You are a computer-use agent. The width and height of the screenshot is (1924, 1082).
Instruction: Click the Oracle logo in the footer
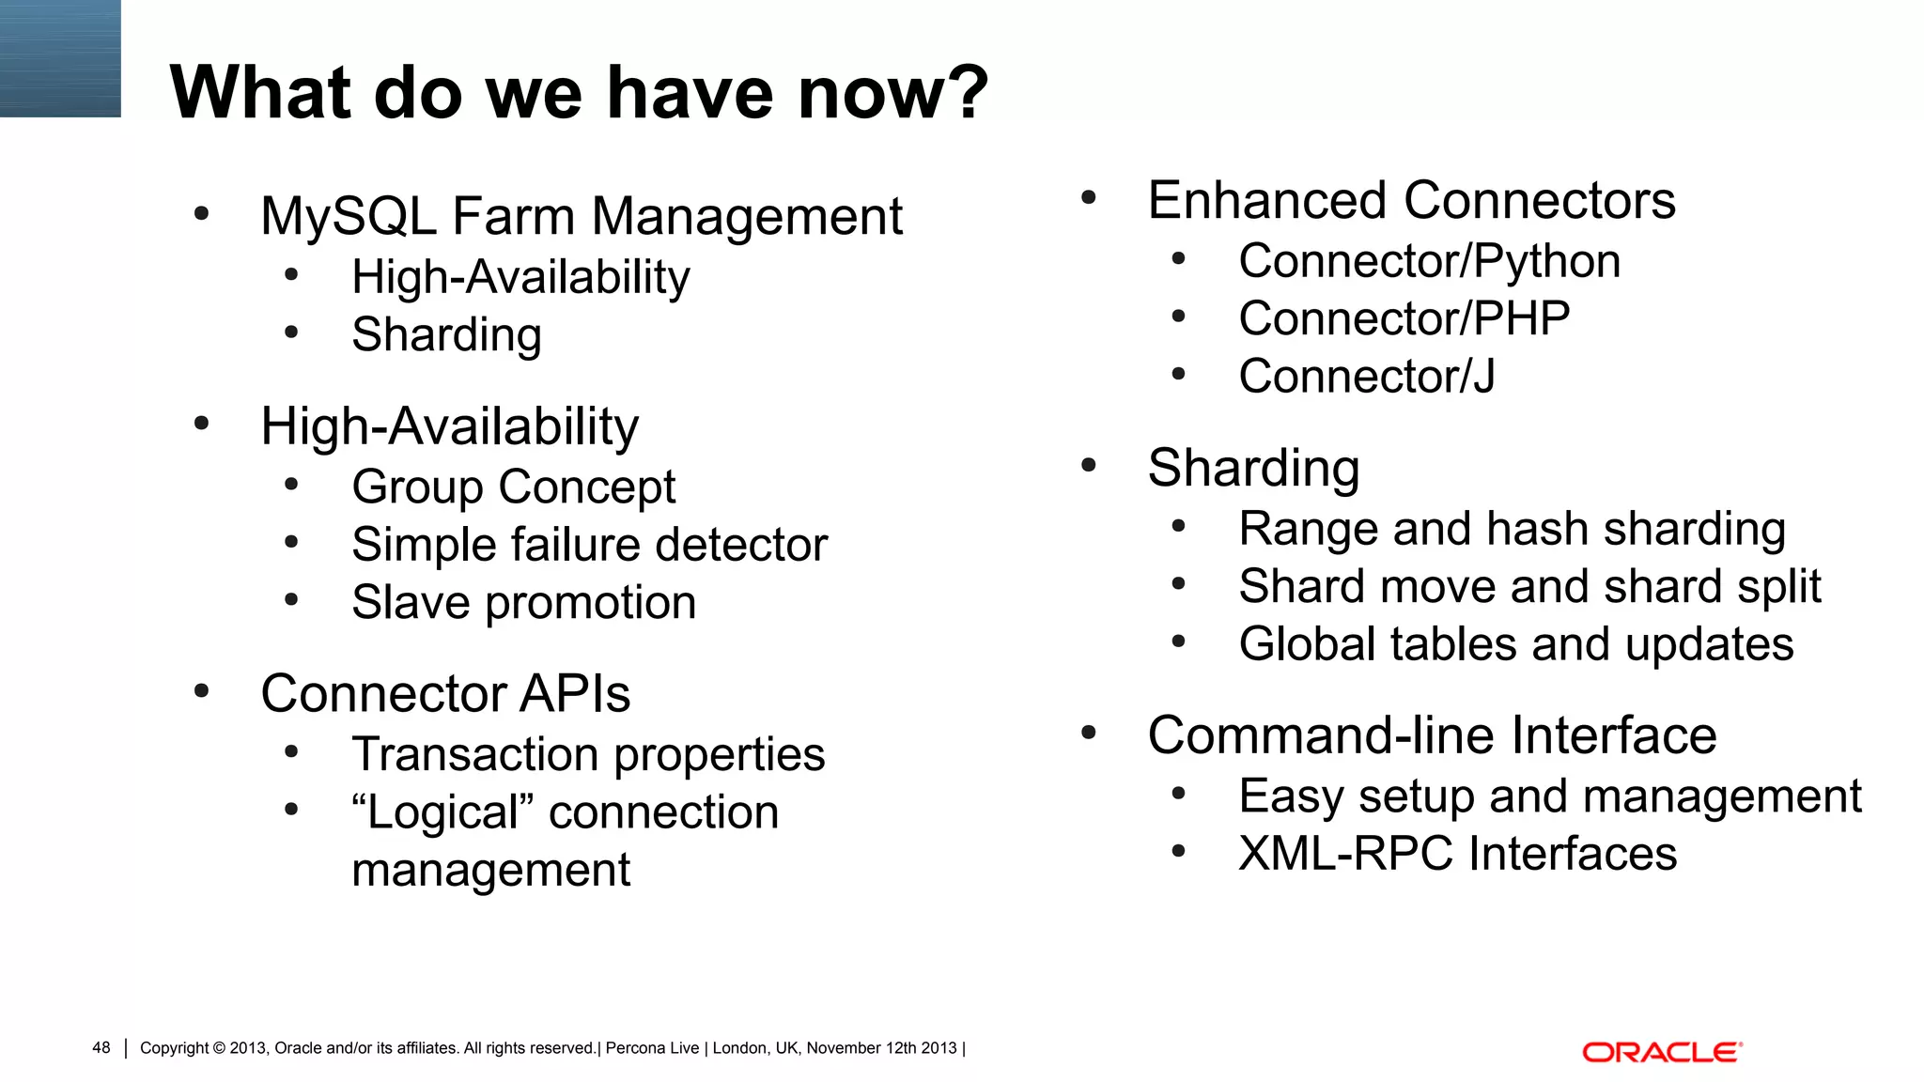[1661, 1052]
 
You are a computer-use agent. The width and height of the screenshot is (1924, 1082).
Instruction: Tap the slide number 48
[101, 1047]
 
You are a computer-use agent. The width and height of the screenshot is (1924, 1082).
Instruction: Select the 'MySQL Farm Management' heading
[581, 216]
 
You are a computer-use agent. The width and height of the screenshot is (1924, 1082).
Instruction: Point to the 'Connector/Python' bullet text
[1429, 261]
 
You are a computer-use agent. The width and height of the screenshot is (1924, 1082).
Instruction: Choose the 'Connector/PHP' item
[1404, 318]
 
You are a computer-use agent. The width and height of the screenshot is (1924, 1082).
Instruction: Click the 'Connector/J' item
[1366, 376]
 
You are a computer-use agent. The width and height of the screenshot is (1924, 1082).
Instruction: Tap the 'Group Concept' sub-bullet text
[513, 487]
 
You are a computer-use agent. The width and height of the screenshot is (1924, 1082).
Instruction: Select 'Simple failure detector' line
[589, 545]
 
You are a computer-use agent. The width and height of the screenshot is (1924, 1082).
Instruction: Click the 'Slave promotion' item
[523, 602]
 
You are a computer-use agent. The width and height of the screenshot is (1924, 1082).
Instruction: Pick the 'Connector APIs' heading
[445, 693]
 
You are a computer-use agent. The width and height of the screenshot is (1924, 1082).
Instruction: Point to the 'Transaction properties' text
[588, 754]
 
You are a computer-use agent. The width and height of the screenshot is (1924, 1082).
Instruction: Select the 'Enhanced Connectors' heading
[1411, 200]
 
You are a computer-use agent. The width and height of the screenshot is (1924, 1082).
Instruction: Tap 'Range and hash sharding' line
[1512, 528]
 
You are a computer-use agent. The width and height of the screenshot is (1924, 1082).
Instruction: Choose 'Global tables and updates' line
[1515, 644]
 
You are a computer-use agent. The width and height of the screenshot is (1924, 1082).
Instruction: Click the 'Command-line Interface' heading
[1432, 734]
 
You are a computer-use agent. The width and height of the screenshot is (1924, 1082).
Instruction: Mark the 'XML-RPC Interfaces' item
[1457, 854]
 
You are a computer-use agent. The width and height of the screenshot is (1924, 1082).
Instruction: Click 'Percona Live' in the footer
[652, 1048]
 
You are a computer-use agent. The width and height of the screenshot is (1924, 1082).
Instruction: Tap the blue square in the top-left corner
[60, 58]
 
